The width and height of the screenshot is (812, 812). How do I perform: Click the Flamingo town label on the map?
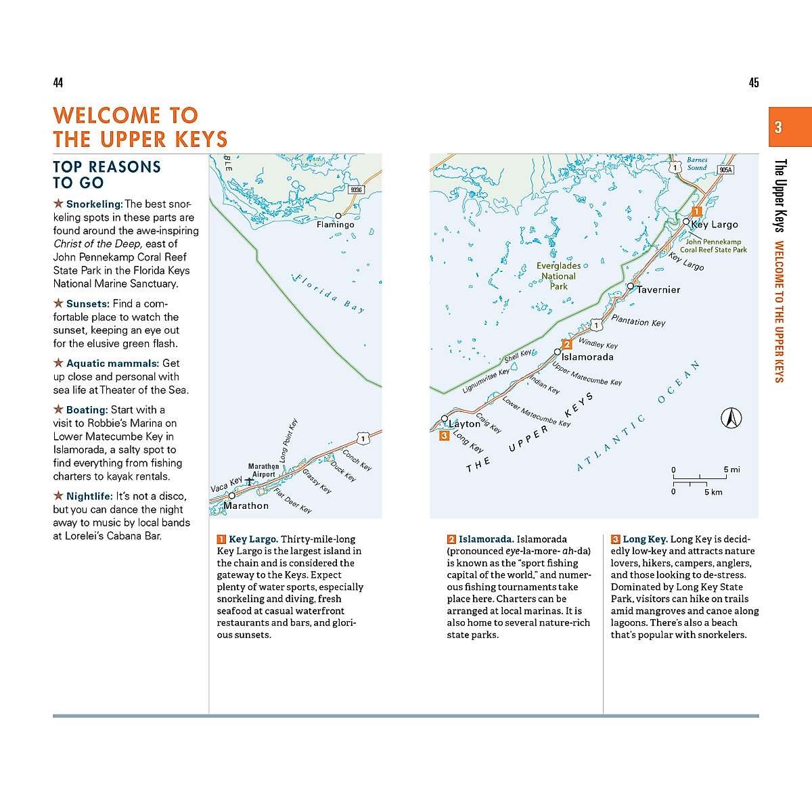(336, 225)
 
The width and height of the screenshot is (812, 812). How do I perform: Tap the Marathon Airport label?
(263, 470)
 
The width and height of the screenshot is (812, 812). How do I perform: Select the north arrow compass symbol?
(731, 418)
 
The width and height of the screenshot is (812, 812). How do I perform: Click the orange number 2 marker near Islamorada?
(567, 344)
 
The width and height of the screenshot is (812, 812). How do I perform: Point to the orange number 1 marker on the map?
(696, 212)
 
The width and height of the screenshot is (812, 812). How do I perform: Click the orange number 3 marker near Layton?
(444, 436)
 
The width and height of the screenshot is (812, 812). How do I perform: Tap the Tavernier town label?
(658, 290)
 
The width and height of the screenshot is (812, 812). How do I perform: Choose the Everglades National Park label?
(558, 276)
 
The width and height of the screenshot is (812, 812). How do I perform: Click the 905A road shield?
(725, 170)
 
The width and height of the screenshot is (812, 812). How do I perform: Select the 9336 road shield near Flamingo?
(357, 189)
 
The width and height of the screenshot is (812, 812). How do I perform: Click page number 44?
(58, 83)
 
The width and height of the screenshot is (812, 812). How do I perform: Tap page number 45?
(753, 83)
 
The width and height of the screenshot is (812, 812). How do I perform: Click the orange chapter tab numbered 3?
(790, 127)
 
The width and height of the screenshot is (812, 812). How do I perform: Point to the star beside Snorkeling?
(59, 204)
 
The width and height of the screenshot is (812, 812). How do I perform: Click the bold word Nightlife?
(89, 497)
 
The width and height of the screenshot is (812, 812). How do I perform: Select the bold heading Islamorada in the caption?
(486, 539)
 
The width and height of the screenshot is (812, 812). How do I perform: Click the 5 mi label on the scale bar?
(731, 470)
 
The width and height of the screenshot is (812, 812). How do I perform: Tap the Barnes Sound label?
(697, 164)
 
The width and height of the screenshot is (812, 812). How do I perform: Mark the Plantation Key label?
(638, 321)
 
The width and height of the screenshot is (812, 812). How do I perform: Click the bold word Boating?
(87, 410)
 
